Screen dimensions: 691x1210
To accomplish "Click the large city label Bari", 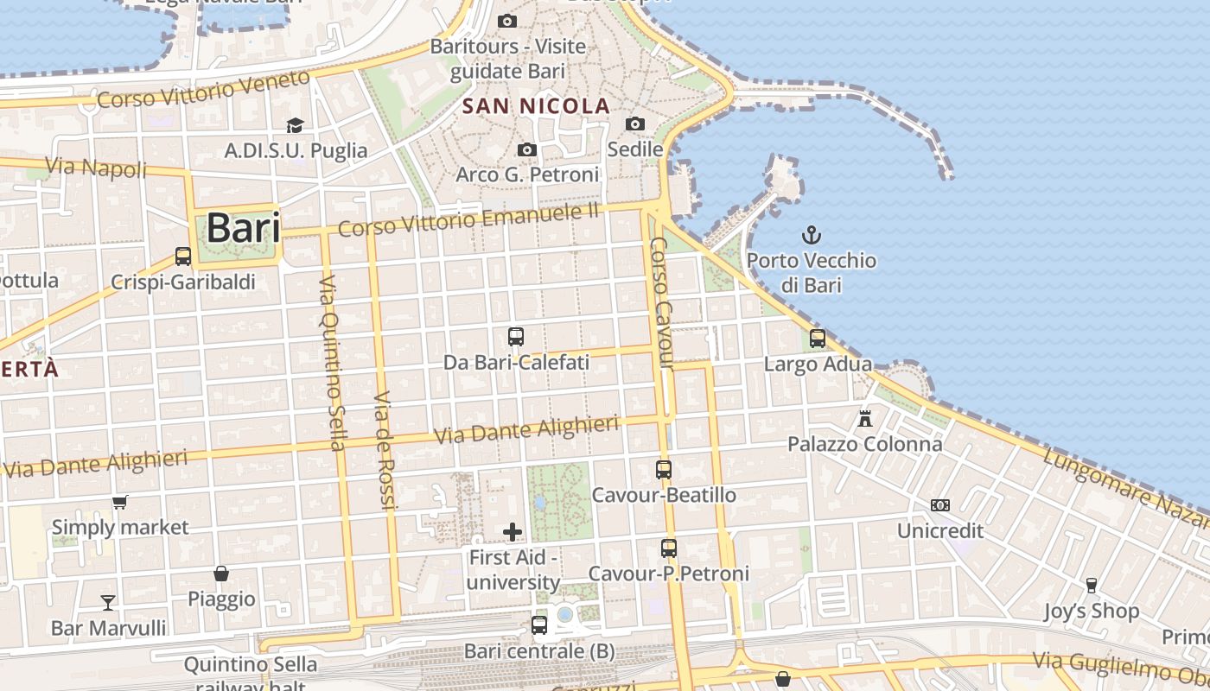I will (x=243, y=229).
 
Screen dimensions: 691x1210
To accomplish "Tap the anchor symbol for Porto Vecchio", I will (x=812, y=234).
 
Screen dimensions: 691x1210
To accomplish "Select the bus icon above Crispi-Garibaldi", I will (x=183, y=256).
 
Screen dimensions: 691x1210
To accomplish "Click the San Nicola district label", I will (x=536, y=106).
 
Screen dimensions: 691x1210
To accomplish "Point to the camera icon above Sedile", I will (x=635, y=124).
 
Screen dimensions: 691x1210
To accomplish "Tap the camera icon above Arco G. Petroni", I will (x=527, y=150).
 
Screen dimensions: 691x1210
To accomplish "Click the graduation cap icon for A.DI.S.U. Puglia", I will (x=296, y=126).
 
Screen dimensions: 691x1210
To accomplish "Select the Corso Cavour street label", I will (x=661, y=302).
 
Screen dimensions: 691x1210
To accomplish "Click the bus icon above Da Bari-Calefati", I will (x=516, y=337).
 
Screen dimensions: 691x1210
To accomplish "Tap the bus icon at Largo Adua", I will (x=818, y=339).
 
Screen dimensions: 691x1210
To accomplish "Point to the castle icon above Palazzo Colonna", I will (x=864, y=419).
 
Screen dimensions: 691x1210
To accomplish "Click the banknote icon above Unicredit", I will (x=940, y=504).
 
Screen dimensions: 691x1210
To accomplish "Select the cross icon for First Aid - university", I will (x=513, y=531).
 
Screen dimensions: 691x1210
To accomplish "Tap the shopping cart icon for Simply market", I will (x=120, y=502).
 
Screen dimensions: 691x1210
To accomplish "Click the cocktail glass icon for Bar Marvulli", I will (x=108, y=602).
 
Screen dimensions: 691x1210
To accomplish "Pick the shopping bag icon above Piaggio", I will (x=221, y=574).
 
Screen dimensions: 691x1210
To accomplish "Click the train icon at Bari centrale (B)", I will (x=539, y=624).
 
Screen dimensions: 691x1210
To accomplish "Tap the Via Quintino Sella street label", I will (x=332, y=363).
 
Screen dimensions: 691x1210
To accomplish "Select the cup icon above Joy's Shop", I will (x=1091, y=586).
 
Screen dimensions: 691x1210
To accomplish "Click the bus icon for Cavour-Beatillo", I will (x=664, y=469).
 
